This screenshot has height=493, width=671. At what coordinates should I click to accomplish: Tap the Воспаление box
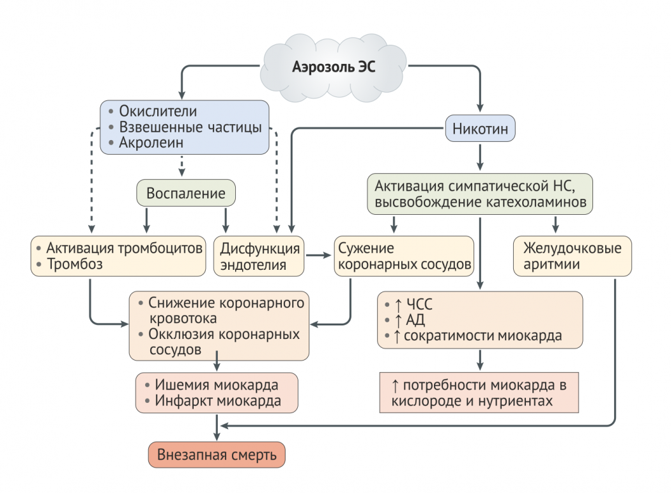pyautogui.click(x=186, y=193)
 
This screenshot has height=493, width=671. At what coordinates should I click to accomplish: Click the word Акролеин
pyautogui.click(x=151, y=143)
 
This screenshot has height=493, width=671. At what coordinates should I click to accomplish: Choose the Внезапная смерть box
pyautogui.click(x=217, y=455)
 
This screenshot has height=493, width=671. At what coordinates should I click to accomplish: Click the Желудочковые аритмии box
pyautogui.click(x=572, y=256)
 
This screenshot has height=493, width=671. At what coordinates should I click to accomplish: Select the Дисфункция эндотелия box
pyautogui.click(x=259, y=256)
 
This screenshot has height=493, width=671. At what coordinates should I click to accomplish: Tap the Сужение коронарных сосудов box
pyautogui.click(x=404, y=256)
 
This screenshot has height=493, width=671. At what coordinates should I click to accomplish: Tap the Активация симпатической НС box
pyautogui.click(x=479, y=194)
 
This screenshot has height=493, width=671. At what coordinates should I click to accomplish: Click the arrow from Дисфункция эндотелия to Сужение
pyautogui.click(x=318, y=256)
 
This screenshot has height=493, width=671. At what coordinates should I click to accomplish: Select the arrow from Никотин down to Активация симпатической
pyautogui.click(x=480, y=156)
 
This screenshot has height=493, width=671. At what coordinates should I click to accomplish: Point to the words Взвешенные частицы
pyautogui.click(x=190, y=127)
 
